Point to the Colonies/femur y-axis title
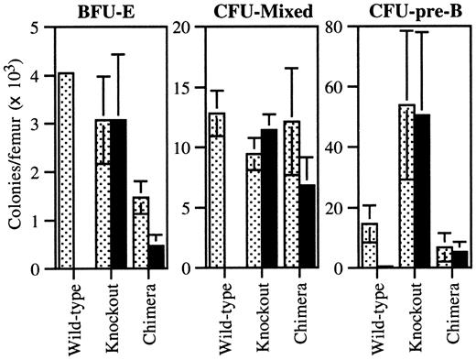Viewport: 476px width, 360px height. tap(17, 147)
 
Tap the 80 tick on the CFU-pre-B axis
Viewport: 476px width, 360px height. tap(341, 27)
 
